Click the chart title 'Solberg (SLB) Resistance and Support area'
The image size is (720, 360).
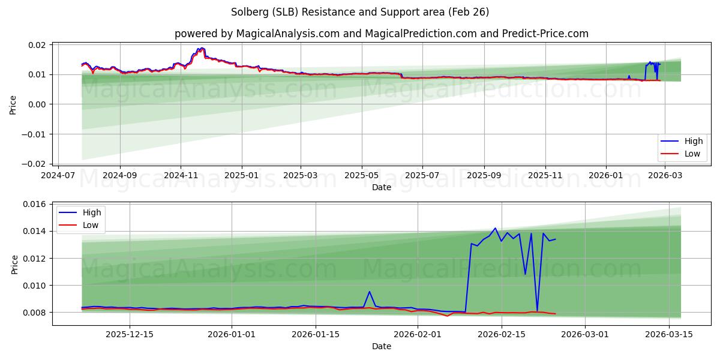359,12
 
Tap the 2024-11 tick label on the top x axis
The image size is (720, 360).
181,175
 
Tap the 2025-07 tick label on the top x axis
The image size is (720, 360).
422,175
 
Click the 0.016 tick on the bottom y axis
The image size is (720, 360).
35,205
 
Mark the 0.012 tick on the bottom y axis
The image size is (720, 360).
35,259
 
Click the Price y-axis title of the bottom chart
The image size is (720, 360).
14,264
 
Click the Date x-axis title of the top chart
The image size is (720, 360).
382,187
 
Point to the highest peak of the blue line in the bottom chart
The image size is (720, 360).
495,228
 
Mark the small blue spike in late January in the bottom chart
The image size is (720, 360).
370,292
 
